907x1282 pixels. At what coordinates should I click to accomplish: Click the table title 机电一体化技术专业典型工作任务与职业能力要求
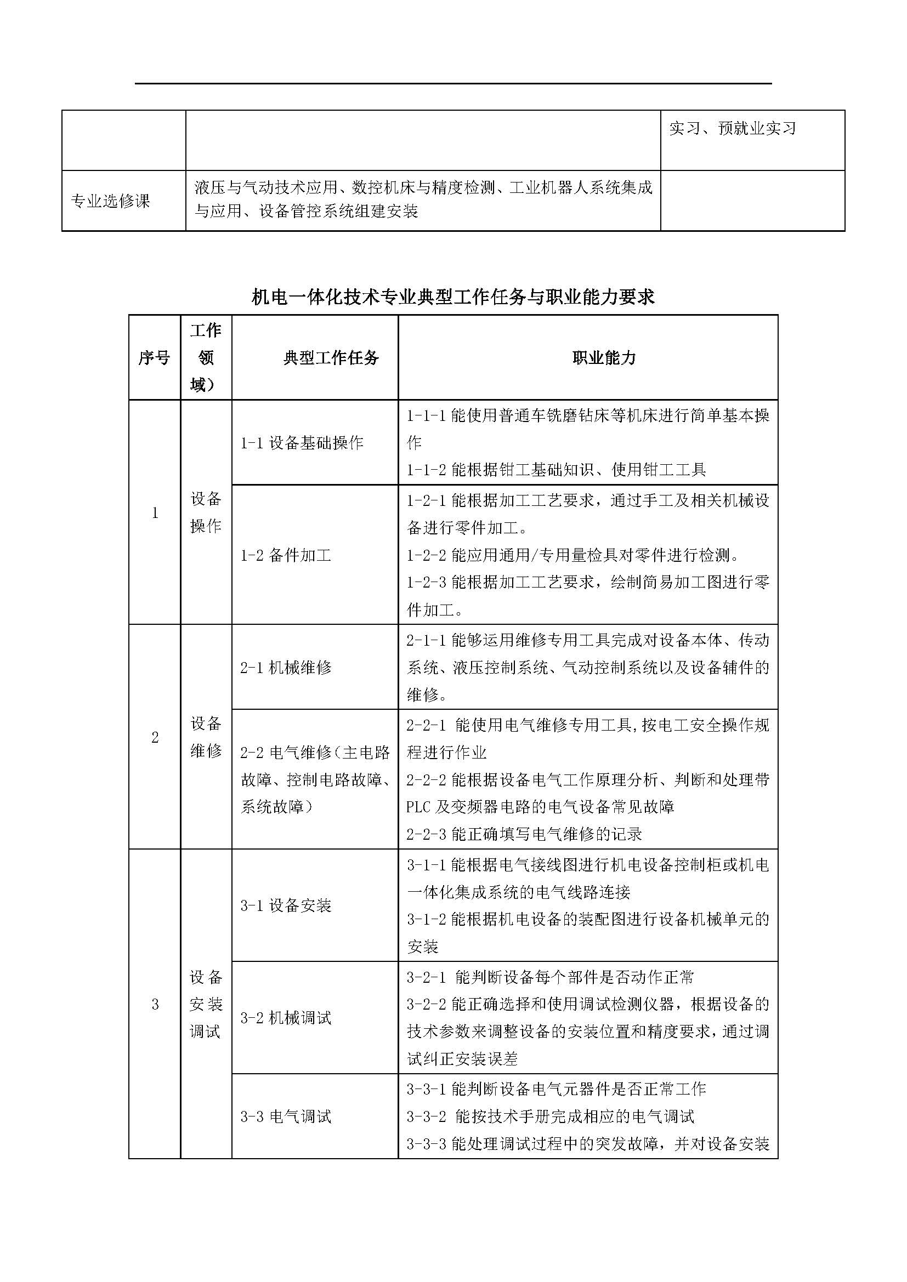click(453, 297)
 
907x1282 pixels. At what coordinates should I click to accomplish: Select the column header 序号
click(154, 358)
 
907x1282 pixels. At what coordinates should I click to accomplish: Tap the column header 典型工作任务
click(331, 358)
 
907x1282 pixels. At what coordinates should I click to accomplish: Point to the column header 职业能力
click(604, 358)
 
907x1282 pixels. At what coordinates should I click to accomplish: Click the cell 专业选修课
click(111, 201)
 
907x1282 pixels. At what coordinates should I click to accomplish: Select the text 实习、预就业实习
click(732, 128)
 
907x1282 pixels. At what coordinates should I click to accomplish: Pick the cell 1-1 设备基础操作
click(302, 443)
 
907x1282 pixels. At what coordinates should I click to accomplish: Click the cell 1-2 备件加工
click(285, 555)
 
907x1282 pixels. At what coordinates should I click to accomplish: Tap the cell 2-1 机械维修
click(285, 667)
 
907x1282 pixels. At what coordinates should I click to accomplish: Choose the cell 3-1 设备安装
click(285, 905)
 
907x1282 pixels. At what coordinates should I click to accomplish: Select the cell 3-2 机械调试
click(285, 1018)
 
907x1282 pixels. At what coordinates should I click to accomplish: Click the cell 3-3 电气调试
click(285, 1116)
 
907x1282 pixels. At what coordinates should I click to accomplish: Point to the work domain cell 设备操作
click(206, 512)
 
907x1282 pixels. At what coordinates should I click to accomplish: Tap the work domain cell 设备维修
click(206, 737)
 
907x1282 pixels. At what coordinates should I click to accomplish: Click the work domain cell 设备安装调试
click(206, 1004)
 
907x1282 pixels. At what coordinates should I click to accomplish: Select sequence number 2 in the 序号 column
click(155, 737)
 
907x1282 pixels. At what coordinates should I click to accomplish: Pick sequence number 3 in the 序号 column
click(155, 1005)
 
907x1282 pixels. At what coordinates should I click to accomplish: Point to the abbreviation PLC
click(418, 807)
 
